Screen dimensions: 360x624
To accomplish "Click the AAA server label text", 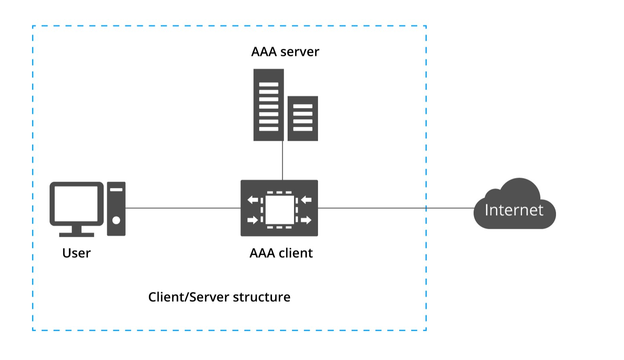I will (285, 52).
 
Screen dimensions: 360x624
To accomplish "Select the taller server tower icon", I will (268, 105).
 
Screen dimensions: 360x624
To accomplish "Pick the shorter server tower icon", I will (303, 118).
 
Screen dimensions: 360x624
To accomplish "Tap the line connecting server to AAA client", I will (282, 160).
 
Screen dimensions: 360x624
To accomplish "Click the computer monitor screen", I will (76, 203).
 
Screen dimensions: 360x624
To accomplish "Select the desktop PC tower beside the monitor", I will (116, 208).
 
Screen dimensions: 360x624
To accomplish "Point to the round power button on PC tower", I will (116, 220).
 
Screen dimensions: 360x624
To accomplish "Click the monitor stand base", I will (76, 234).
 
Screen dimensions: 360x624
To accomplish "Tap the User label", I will (76, 253).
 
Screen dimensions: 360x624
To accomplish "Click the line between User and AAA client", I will (183, 208).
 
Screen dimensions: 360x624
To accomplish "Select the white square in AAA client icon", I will (280, 210).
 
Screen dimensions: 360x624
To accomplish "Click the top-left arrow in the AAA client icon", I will (253, 199).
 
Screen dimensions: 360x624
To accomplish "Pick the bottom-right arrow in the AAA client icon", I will (306, 220).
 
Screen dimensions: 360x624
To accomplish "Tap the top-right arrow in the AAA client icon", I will (306, 199).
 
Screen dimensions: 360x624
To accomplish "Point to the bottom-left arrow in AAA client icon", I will (253, 220).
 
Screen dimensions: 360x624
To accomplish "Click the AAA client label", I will (281, 253).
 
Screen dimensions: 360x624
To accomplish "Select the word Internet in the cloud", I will (514, 210).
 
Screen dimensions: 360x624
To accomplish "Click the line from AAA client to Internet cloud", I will (396, 208).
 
